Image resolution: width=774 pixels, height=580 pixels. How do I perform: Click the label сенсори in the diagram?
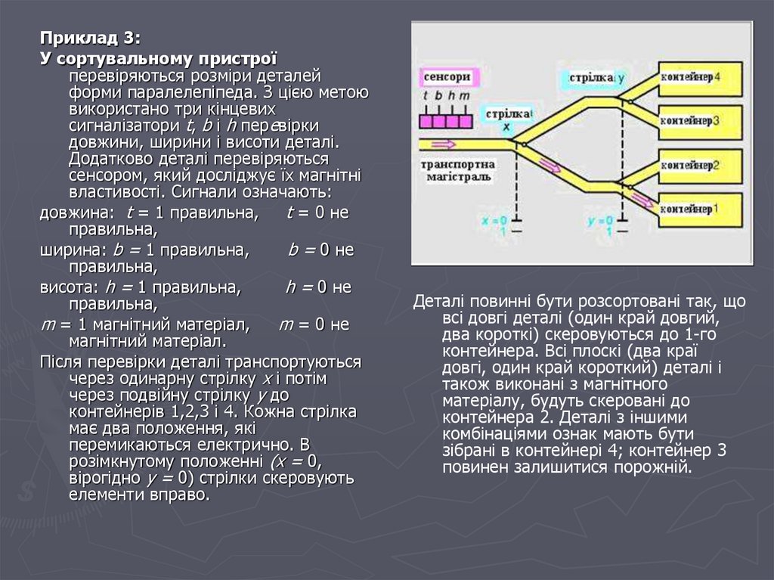click(447, 77)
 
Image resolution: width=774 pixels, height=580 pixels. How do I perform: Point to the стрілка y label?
click(593, 78)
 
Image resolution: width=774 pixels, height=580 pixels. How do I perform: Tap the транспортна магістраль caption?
click(457, 170)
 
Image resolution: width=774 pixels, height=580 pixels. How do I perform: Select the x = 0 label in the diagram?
click(495, 221)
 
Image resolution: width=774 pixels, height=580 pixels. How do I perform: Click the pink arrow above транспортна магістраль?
click(442, 143)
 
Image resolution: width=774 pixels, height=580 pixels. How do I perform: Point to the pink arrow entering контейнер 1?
click(642, 200)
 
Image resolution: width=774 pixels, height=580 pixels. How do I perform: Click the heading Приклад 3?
click(91, 39)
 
